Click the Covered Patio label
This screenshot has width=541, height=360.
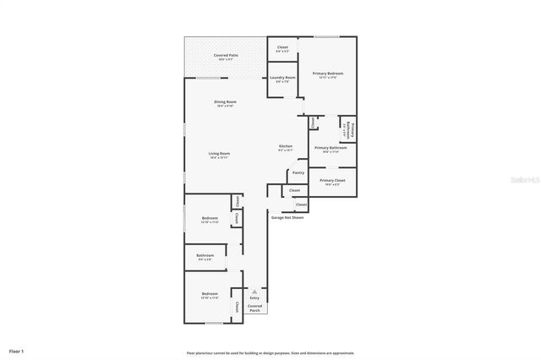[x=225, y=57]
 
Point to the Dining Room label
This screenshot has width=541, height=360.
[x=225, y=103]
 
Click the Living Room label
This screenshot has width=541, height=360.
[x=220, y=155]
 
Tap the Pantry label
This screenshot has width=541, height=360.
[x=298, y=173]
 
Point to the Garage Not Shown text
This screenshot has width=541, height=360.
[x=287, y=217]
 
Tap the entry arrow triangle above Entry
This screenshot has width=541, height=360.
[x=254, y=291]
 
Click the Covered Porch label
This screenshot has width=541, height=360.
[x=254, y=308]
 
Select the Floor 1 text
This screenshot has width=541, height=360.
[x=17, y=351]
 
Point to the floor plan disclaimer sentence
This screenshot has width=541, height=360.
[x=270, y=352]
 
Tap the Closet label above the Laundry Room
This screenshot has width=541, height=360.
[x=282, y=49]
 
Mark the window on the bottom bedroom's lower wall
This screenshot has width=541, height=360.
[x=215, y=323]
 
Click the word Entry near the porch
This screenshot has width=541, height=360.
[x=254, y=298]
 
